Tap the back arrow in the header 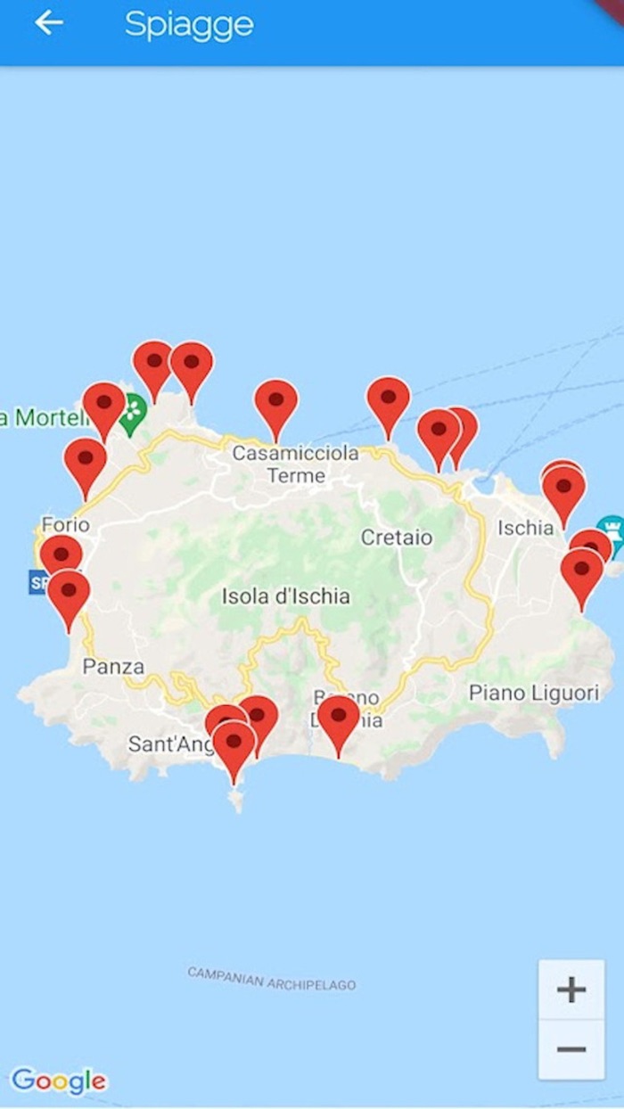click(49, 23)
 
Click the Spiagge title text click(189, 25)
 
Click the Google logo click(59, 1081)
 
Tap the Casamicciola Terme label click(295, 464)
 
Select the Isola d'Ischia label click(285, 596)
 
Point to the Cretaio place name click(397, 538)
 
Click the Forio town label click(65, 524)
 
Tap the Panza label click(113, 666)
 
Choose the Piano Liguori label click(535, 693)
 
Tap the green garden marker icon click(133, 412)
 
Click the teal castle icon click(611, 526)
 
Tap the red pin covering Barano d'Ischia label click(339, 718)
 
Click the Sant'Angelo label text click(167, 744)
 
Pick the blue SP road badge click(37, 583)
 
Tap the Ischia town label click(525, 528)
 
